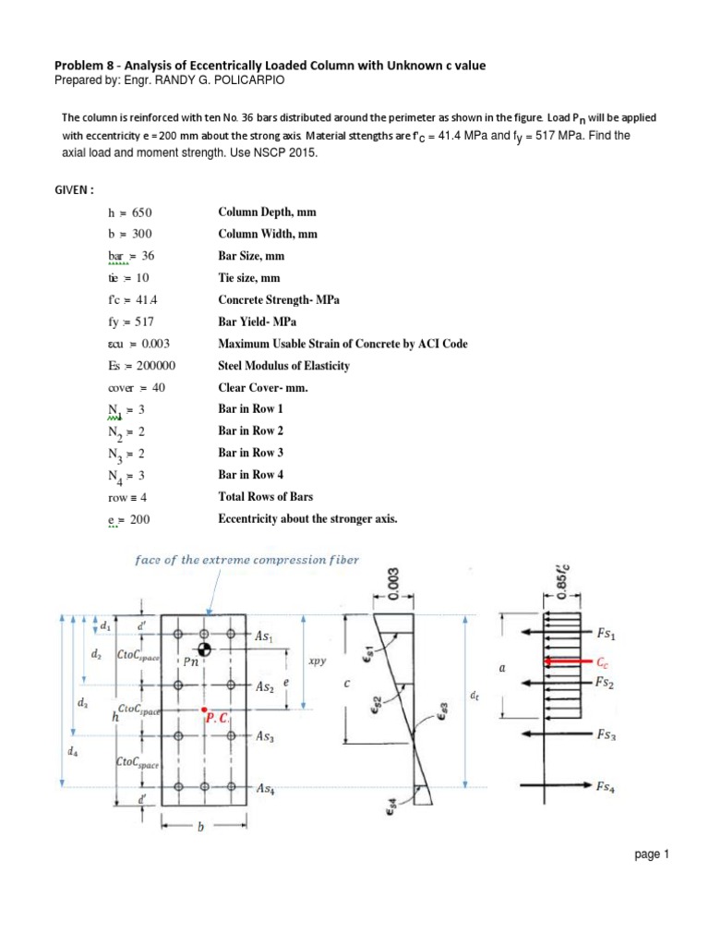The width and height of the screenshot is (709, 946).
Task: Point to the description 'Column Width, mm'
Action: (x=267, y=235)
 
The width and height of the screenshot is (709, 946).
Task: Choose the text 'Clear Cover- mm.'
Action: (x=262, y=388)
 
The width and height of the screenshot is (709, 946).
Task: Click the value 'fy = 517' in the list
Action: (x=127, y=322)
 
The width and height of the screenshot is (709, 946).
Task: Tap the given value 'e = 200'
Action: (x=127, y=519)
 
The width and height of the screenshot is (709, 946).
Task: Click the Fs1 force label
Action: (x=609, y=634)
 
